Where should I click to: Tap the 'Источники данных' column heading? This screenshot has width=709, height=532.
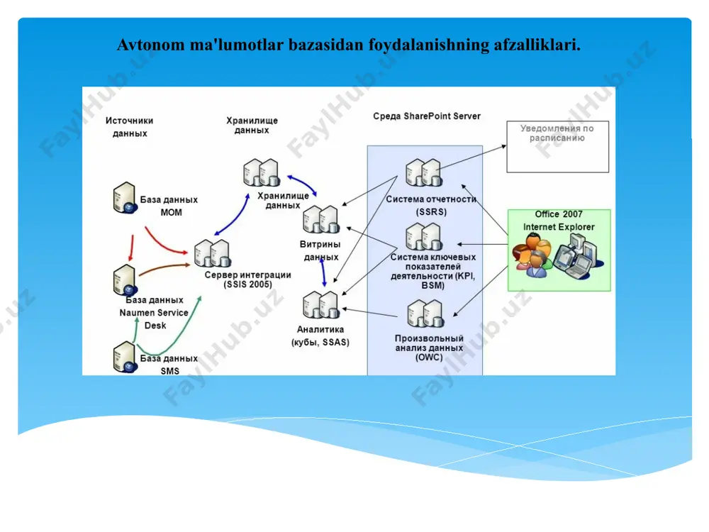point(129,127)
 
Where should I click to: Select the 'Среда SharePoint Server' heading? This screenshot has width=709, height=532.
point(426,116)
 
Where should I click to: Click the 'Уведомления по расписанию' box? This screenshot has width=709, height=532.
point(557,147)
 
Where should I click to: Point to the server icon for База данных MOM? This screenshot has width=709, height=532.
point(124,198)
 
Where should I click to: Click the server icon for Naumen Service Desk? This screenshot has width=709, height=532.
point(124,280)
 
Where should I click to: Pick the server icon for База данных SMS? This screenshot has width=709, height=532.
point(124,357)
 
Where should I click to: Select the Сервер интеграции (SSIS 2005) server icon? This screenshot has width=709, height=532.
point(213,253)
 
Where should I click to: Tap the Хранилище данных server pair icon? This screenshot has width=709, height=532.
point(262,172)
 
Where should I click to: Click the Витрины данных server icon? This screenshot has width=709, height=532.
point(321,219)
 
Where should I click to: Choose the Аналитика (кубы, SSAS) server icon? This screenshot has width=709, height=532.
point(321,304)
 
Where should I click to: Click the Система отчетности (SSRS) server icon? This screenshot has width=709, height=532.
point(424,172)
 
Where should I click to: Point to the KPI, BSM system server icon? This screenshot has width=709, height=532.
point(424,237)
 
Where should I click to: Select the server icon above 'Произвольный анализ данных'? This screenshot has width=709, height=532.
point(425,314)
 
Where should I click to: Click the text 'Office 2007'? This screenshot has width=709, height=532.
point(559,214)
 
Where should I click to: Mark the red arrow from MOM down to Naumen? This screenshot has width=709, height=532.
point(132,248)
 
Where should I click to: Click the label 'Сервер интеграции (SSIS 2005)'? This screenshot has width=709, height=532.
point(247,279)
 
